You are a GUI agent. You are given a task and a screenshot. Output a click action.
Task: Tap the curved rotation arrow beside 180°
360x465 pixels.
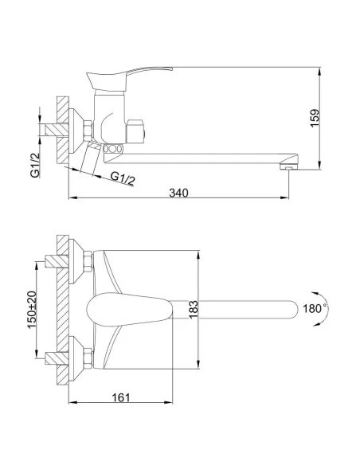coord(335,307)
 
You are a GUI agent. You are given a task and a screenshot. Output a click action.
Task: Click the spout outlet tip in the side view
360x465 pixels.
coord(290,166)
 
